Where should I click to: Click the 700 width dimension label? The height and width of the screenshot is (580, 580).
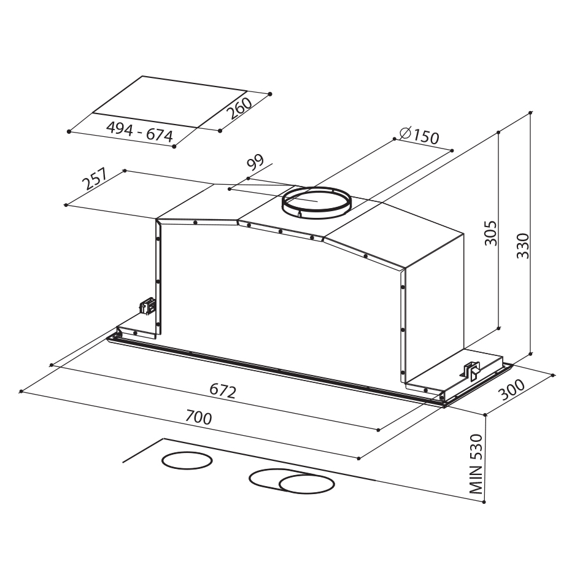coord(199,417)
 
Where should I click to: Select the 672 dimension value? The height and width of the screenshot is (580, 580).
coord(223,390)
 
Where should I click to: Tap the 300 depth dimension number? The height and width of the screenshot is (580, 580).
coord(512,390)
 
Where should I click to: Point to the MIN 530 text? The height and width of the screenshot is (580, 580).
coord(476,464)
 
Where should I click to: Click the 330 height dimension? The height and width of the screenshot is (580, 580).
coord(523,246)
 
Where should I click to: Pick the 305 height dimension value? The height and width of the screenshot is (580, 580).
coord(491,233)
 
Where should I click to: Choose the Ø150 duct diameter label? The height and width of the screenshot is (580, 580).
coord(419,136)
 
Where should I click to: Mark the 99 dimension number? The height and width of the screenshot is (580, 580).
coord(255,163)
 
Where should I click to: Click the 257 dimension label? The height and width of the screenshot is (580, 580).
coord(95,179)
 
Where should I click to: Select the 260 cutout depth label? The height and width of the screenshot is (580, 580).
coord(239,108)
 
